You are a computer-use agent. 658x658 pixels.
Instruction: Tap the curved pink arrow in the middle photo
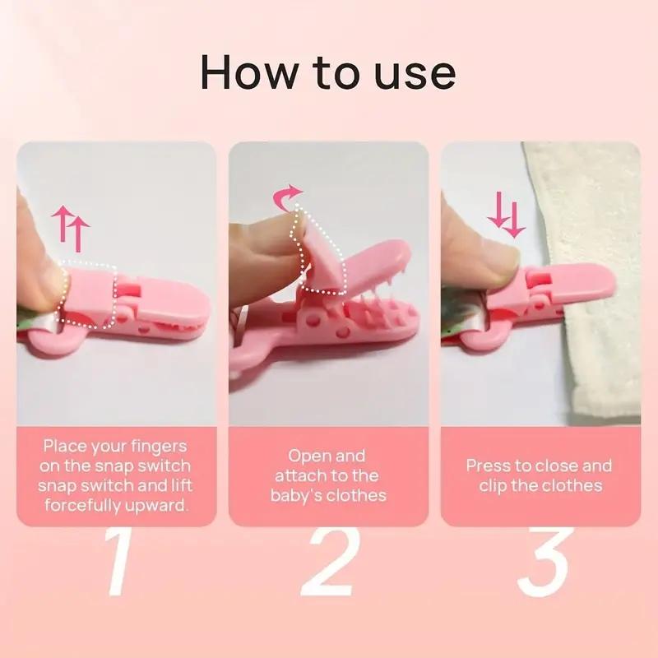click(x=287, y=197)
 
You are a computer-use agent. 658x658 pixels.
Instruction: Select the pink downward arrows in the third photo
click(x=505, y=215)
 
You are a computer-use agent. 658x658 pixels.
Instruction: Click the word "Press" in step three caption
click(x=489, y=466)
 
